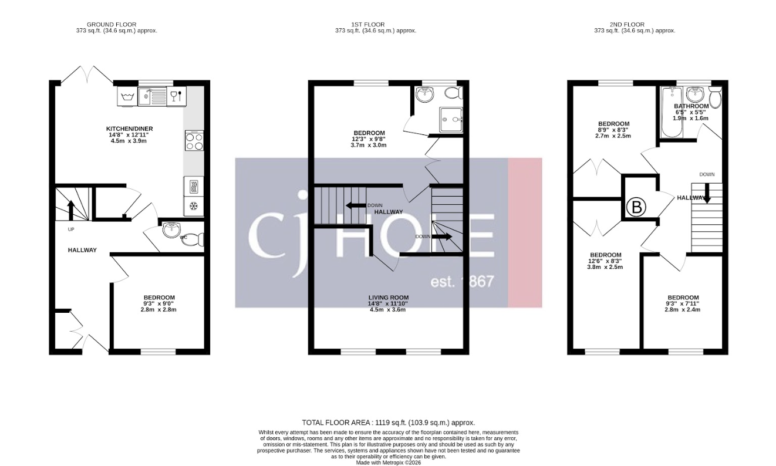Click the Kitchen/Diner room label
(127, 131)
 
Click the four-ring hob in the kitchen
(194, 141)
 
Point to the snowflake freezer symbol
(194, 206)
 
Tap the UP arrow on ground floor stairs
(70, 209)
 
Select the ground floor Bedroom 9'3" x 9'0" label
(158, 303)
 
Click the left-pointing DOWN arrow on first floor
(356, 205)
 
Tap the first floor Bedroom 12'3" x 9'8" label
(369, 139)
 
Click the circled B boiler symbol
(636, 207)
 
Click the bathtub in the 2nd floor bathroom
(669, 112)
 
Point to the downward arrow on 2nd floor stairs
(707, 193)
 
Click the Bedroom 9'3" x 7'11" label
(683, 303)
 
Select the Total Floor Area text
(388, 423)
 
